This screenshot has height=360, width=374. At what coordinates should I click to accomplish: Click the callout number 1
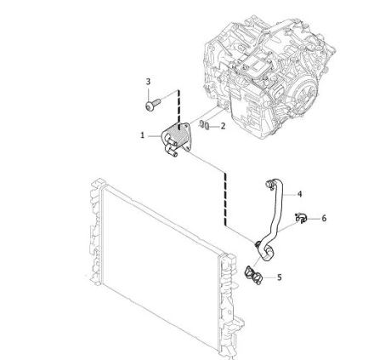click(x=143, y=135)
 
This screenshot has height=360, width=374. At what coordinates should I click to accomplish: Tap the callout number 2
click(x=223, y=126)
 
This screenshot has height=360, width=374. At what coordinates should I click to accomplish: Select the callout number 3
click(x=148, y=82)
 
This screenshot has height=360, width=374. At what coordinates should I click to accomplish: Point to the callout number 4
click(x=299, y=194)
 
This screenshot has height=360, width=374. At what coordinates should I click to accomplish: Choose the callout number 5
click(x=280, y=277)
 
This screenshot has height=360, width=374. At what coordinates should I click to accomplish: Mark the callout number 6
click(x=324, y=218)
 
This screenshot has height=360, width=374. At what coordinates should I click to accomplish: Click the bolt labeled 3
click(x=152, y=104)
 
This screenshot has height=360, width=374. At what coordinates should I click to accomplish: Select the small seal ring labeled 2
click(x=205, y=125)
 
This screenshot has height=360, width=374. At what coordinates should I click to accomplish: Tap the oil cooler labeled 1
click(x=176, y=138)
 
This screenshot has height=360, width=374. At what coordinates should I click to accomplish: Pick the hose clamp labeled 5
click(x=253, y=274)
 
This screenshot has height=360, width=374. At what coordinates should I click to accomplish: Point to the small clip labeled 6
click(x=301, y=218)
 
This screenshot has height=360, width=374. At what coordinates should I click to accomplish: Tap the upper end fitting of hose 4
click(x=269, y=184)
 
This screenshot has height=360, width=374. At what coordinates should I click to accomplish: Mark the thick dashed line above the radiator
click(x=225, y=199)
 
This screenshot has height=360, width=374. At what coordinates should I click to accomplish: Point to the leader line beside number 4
click(x=289, y=195)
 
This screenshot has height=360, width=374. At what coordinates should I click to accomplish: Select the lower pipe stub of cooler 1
click(x=172, y=152)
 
